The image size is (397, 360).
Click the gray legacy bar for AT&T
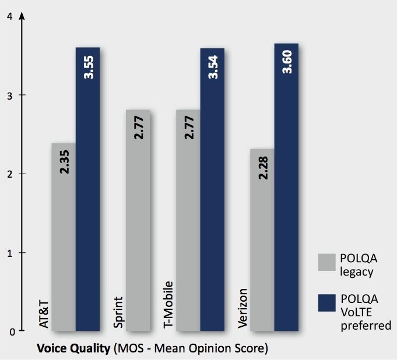pos(63,245)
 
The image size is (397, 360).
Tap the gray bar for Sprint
pos(138,233)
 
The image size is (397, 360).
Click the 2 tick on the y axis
pos(9,174)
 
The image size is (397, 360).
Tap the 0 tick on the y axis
pos(9,331)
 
